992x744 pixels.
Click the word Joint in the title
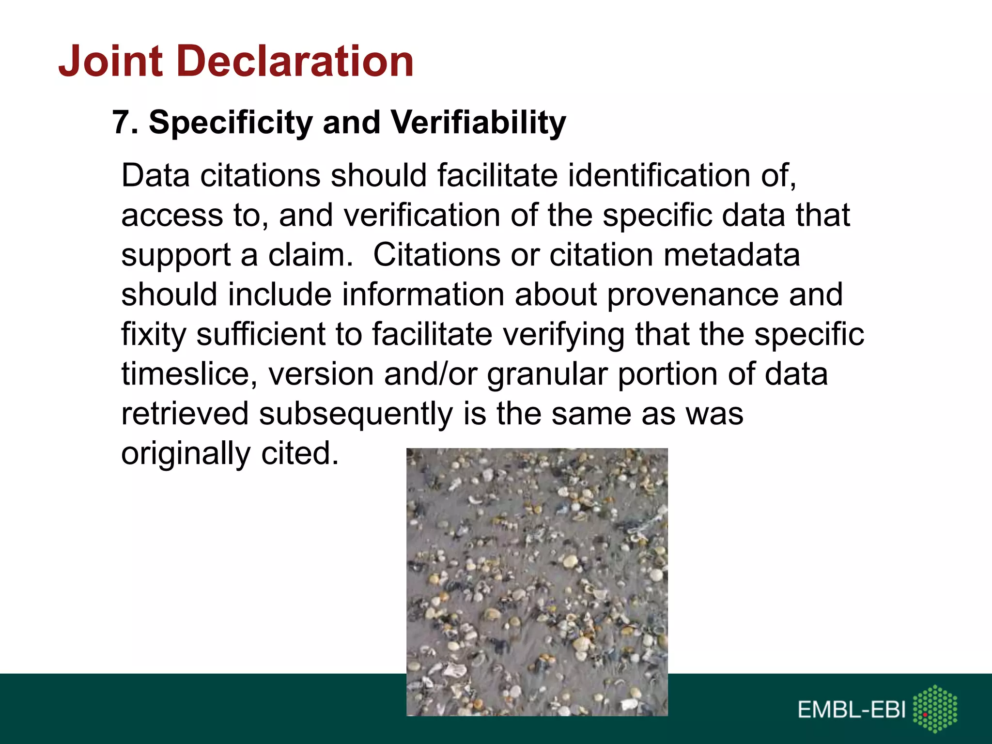click(x=110, y=61)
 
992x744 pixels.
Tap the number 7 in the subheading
click(x=121, y=122)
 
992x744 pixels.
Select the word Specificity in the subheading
click(x=231, y=123)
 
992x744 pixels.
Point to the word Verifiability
click(x=478, y=123)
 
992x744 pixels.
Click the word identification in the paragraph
click(x=659, y=175)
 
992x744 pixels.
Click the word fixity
click(x=154, y=335)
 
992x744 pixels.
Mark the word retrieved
click(x=185, y=414)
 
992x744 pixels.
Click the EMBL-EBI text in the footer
click(x=852, y=710)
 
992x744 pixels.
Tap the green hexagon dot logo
click(x=935, y=709)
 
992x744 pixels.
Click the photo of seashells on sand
click(x=537, y=581)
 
